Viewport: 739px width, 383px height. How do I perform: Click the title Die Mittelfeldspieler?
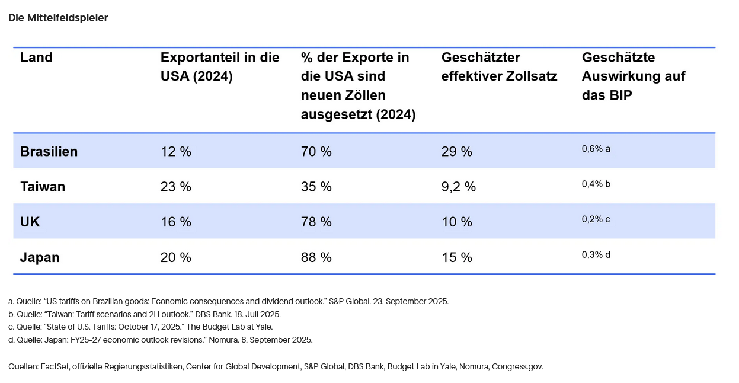pos(58,18)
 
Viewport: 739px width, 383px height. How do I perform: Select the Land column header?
pos(36,58)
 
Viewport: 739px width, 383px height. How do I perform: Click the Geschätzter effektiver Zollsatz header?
pos(499,67)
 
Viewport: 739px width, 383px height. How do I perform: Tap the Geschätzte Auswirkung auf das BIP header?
pos(633,76)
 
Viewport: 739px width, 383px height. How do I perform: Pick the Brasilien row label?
pos(49,151)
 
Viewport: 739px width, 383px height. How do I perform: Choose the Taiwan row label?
pos(43,187)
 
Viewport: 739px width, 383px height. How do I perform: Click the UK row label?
pos(30,222)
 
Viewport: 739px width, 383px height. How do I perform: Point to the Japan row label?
pos(40,257)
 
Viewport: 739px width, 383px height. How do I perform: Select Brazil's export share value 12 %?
pos(175,151)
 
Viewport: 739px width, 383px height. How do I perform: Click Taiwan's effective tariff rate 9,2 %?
pos(459,187)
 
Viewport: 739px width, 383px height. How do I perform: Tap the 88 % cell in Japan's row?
pos(316,257)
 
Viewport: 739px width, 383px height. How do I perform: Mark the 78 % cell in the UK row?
pos(316,222)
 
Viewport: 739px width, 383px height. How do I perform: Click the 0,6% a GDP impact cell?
pos(596,149)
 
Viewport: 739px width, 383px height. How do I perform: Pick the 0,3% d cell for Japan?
pos(596,255)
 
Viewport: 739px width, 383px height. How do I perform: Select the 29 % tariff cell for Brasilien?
pos(456,151)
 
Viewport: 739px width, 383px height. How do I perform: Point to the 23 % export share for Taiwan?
pos(175,187)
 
